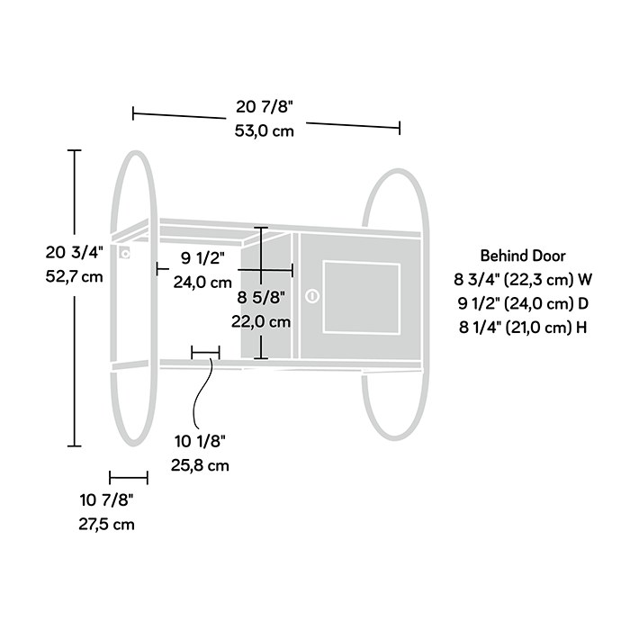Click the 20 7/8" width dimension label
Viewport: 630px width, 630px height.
coord(265,107)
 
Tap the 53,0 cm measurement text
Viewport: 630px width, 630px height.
coord(265,131)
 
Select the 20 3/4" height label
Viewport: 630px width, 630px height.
coord(75,252)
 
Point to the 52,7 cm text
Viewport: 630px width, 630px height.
coord(75,276)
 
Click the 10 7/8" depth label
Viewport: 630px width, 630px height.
coord(106,500)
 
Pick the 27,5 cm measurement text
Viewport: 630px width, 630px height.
coord(106,525)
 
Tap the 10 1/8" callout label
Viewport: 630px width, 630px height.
coord(200,441)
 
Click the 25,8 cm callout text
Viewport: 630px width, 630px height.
coord(200,465)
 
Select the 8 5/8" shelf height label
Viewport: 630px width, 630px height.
coord(261,298)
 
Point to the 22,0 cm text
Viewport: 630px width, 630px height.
coord(261,322)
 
